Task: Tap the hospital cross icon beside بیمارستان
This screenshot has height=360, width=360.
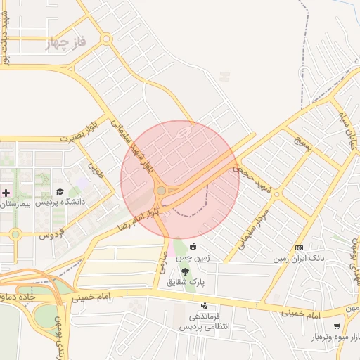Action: [6, 192]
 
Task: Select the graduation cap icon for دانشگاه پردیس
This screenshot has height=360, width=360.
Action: [60, 192]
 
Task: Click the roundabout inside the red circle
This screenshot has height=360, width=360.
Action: [161, 191]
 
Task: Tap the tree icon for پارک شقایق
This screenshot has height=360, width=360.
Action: [185, 271]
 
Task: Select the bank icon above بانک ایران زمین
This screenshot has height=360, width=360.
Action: [299, 248]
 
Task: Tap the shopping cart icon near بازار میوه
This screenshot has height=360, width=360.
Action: [337, 326]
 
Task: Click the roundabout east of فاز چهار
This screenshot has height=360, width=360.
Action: [106, 39]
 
